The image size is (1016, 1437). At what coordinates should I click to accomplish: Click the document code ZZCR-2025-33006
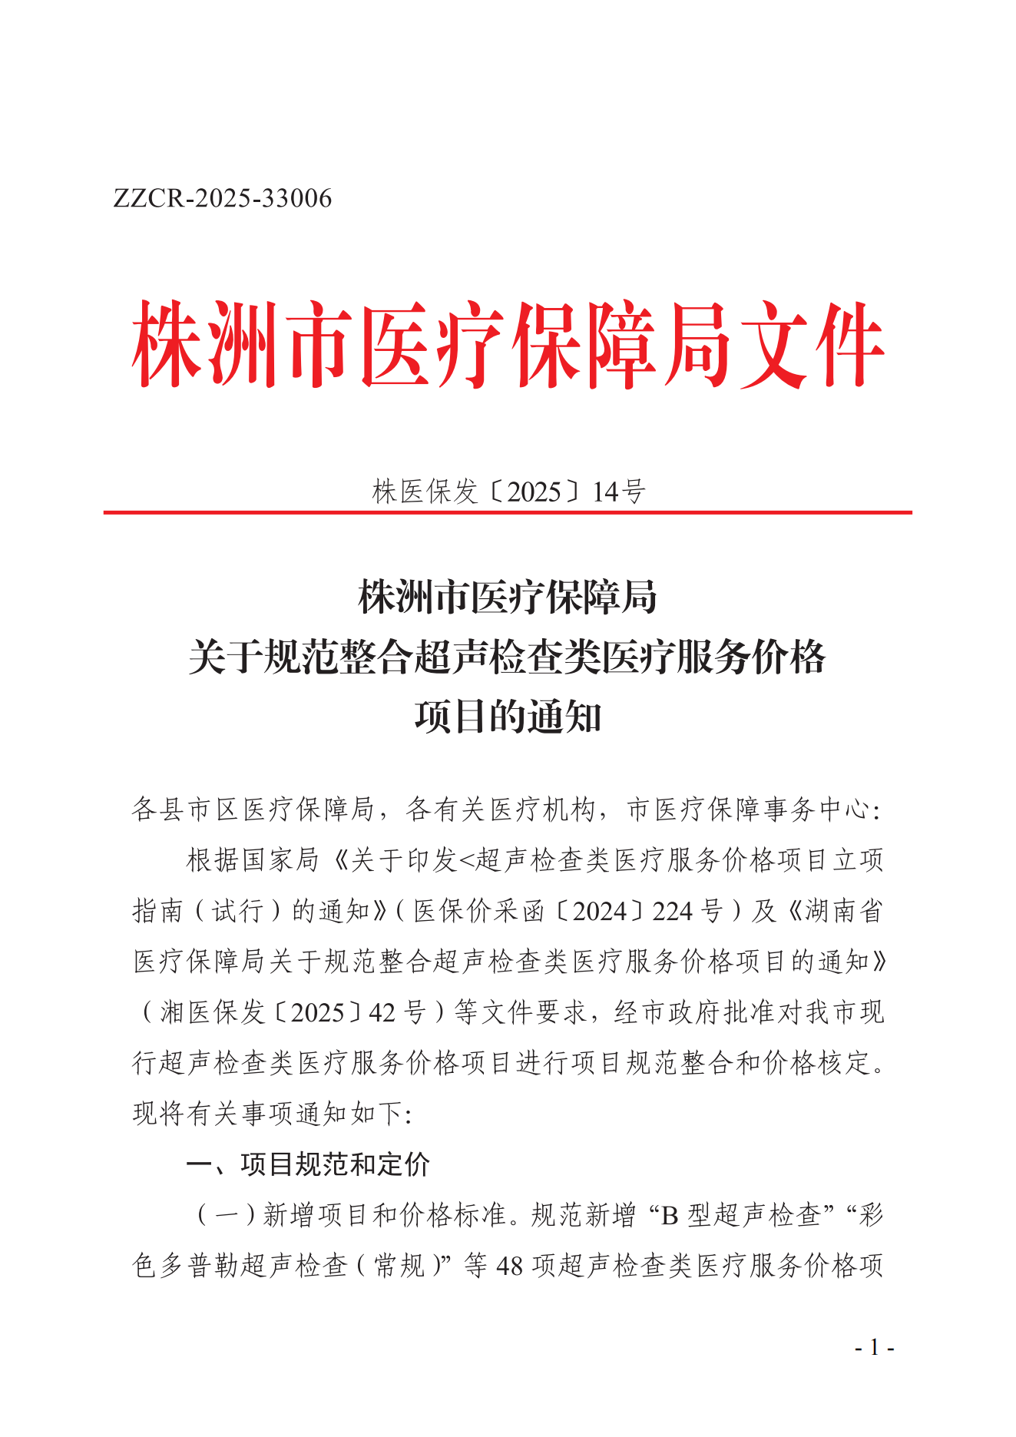(x=223, y=199)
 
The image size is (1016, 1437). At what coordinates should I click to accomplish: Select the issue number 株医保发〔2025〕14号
(x=508, y=492)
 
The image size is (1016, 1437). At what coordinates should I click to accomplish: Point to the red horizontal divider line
(x=508, y=512)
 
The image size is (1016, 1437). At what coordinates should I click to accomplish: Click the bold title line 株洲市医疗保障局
(x=508, y=598)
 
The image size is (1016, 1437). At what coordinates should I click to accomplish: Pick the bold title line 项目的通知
(x=508, y=717)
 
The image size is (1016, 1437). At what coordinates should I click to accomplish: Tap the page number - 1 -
(x=874, y=1347)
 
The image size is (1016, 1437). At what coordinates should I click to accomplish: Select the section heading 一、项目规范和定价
(x=308, y=1164)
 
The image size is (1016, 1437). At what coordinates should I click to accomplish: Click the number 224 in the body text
(x=673, y=911)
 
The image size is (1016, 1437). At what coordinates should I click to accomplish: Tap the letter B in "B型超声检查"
(x=670, y=1215)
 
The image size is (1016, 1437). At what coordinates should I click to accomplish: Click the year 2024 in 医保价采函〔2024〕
(x=600, y=911)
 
